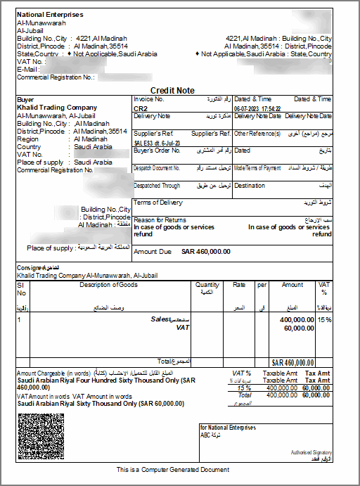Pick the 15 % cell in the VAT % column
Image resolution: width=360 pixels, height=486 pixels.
click(324, 319)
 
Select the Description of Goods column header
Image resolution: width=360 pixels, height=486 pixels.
click(109, 285)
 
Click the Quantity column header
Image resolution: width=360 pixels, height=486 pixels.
click(207, 285)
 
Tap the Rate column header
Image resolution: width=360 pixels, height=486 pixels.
click(239, 285)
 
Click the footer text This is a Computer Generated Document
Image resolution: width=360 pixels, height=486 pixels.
click(173, 469)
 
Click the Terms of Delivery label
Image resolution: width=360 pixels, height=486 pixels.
click(157, 203)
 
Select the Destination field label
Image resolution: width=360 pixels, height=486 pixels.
click(250, 186)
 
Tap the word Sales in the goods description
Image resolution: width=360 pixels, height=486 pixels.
click(161, 319)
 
